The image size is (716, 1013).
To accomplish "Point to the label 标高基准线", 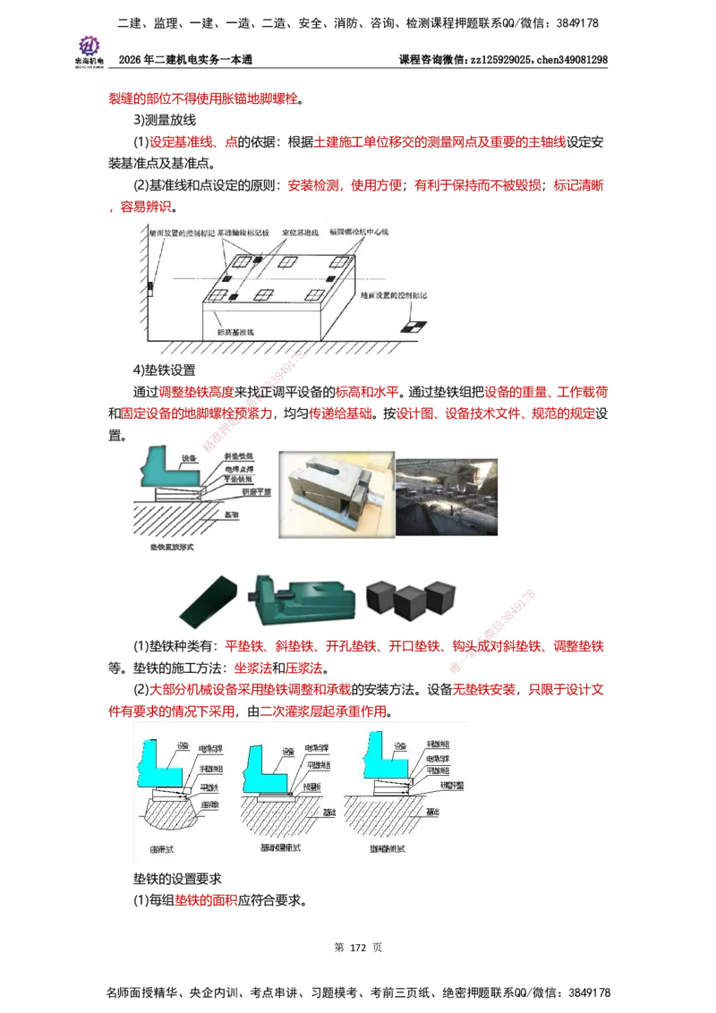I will click(235, 332).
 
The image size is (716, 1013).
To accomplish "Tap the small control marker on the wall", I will click(150, 287).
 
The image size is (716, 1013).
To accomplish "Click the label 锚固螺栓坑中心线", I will click(362, 229).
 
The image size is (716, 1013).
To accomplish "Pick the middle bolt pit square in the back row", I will click(287, 262).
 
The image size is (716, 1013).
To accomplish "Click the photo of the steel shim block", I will click(332, 493).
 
